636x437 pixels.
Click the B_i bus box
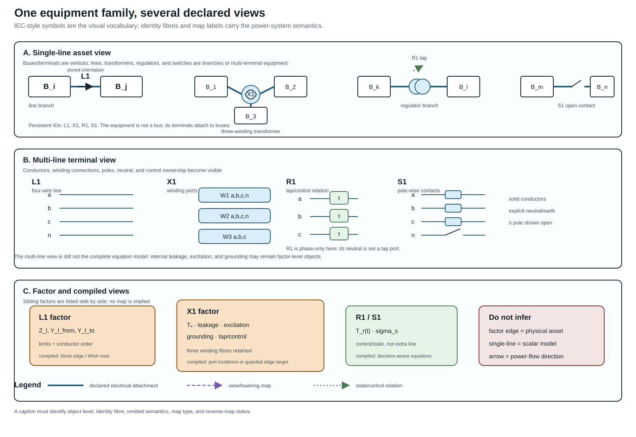tap(49, 87)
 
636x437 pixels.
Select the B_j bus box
tap(121, 87)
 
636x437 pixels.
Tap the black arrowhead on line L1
tap(89, 87)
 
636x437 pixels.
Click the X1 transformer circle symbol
tap(251, 95)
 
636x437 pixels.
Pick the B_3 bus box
tap(251, 116)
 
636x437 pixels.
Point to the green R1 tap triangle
tap(419, 68)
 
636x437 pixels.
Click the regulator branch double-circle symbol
tap(419, 87)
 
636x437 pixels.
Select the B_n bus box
tap(602, 87)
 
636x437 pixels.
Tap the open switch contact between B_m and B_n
tap(577, 83)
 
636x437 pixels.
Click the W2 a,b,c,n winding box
tap(235, 216)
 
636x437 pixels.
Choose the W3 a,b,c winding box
tap(235, 236)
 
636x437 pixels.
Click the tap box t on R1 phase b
tap(339, 216)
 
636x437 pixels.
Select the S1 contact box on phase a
tap(453, 195)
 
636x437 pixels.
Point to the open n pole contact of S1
tap(453, 232)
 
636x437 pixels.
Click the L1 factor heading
tap(55, 317)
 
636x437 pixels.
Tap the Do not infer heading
tap(510, 317)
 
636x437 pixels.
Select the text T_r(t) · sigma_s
tap(377, 331)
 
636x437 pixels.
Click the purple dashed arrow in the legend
tap(204, 385)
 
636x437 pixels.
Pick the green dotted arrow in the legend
tap(332, 385)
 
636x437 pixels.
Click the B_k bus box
tap(374, 87)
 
